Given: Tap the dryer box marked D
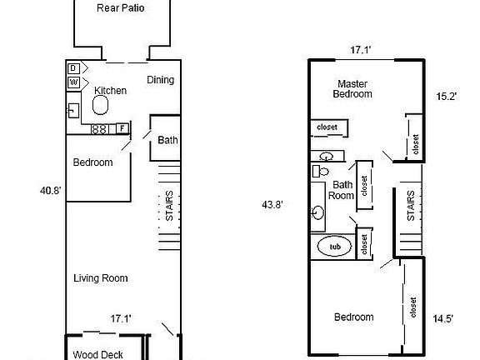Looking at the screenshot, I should click(73, 67).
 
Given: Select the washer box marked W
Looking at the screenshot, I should click(73, 82).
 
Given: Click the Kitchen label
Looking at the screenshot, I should click(110, 90).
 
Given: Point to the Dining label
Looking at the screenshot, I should click(161, 80).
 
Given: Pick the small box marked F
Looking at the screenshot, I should click(122, 128).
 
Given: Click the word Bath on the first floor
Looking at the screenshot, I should click(167, 141).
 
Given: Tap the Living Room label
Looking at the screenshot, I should click(100, 278).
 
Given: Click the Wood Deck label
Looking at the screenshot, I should click(97, 354).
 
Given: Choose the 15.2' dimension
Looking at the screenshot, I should click(446, 97).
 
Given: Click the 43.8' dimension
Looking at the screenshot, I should click(272, 204).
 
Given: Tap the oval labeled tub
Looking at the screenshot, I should click(335, 247).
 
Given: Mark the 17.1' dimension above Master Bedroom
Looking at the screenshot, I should click(359, 51).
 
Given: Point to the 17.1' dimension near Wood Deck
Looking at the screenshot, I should click(122, 317).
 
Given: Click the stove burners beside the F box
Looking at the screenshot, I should click(99, 129).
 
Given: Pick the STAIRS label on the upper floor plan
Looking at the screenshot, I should click(411, 205).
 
